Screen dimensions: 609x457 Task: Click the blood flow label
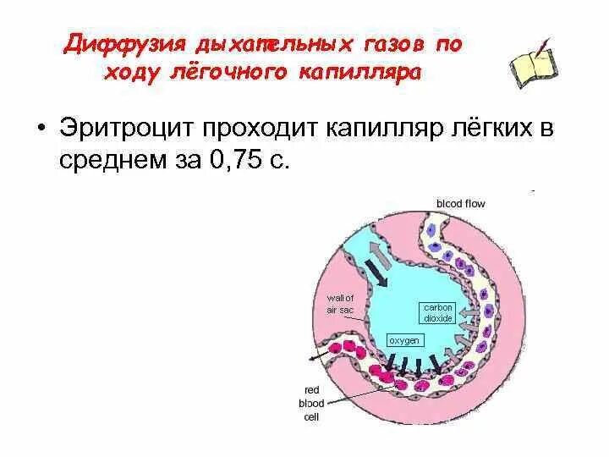pos(460,203)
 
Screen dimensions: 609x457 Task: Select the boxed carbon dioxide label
pos(439,311)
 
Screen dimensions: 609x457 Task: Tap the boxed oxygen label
pos(403,339)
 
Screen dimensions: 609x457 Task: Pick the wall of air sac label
pos(341,304)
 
